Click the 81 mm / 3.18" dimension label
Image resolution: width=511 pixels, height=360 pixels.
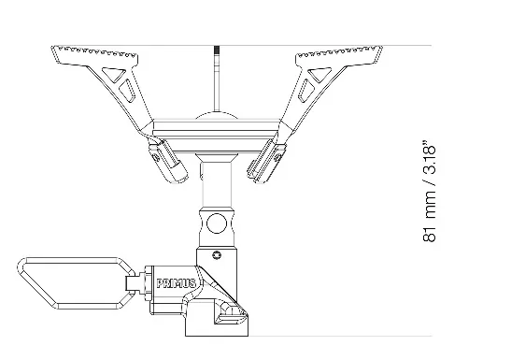pyautogui.click(x=431, y=193)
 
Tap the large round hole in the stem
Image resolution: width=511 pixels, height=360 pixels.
pyautogui.click(x=216, y=223)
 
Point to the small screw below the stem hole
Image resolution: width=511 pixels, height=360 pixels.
pyautogui.click(x=217, y=253)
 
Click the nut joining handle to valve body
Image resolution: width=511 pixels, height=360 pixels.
pyautogui.click(x=135, y=281)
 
